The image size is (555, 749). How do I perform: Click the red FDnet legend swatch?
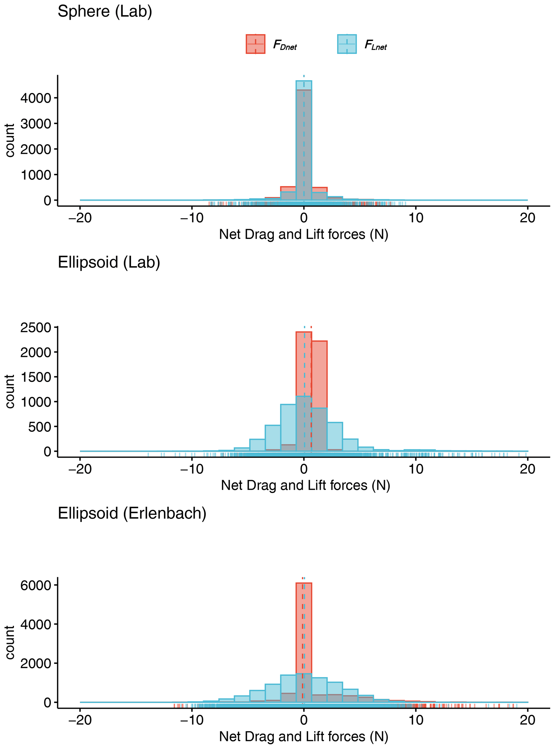pyautogui.click(x=255, y=44)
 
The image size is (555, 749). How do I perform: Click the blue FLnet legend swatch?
pyautogui.click(x=347, y=44)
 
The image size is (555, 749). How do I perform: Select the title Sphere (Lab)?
pyautogui.click(x=105, y=12)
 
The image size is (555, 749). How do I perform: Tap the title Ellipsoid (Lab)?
pyautogui.click(x=109, y=262)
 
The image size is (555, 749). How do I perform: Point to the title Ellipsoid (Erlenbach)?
pyautogui.click(x=132, y=513)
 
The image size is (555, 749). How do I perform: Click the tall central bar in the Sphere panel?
pyautogui.click(x=304, y=141)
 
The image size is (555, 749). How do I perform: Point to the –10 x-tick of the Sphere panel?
pyautogui.click(x=192, y=218)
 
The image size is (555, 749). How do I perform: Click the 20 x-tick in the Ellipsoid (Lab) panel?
pyautogui.click(x=527, y=469)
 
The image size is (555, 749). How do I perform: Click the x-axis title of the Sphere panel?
pyautogui.click(x=303, y=234)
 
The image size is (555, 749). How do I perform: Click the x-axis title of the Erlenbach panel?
pyautogui.click(x=303, y=737)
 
